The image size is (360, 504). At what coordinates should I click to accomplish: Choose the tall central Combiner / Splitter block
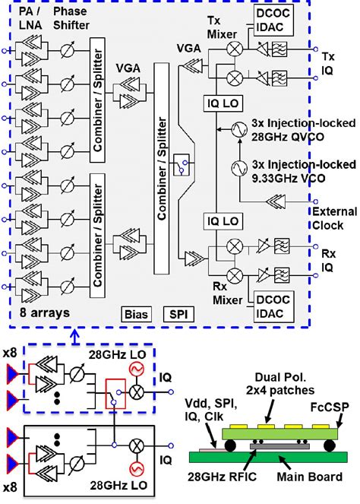click(x=162, y=176)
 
